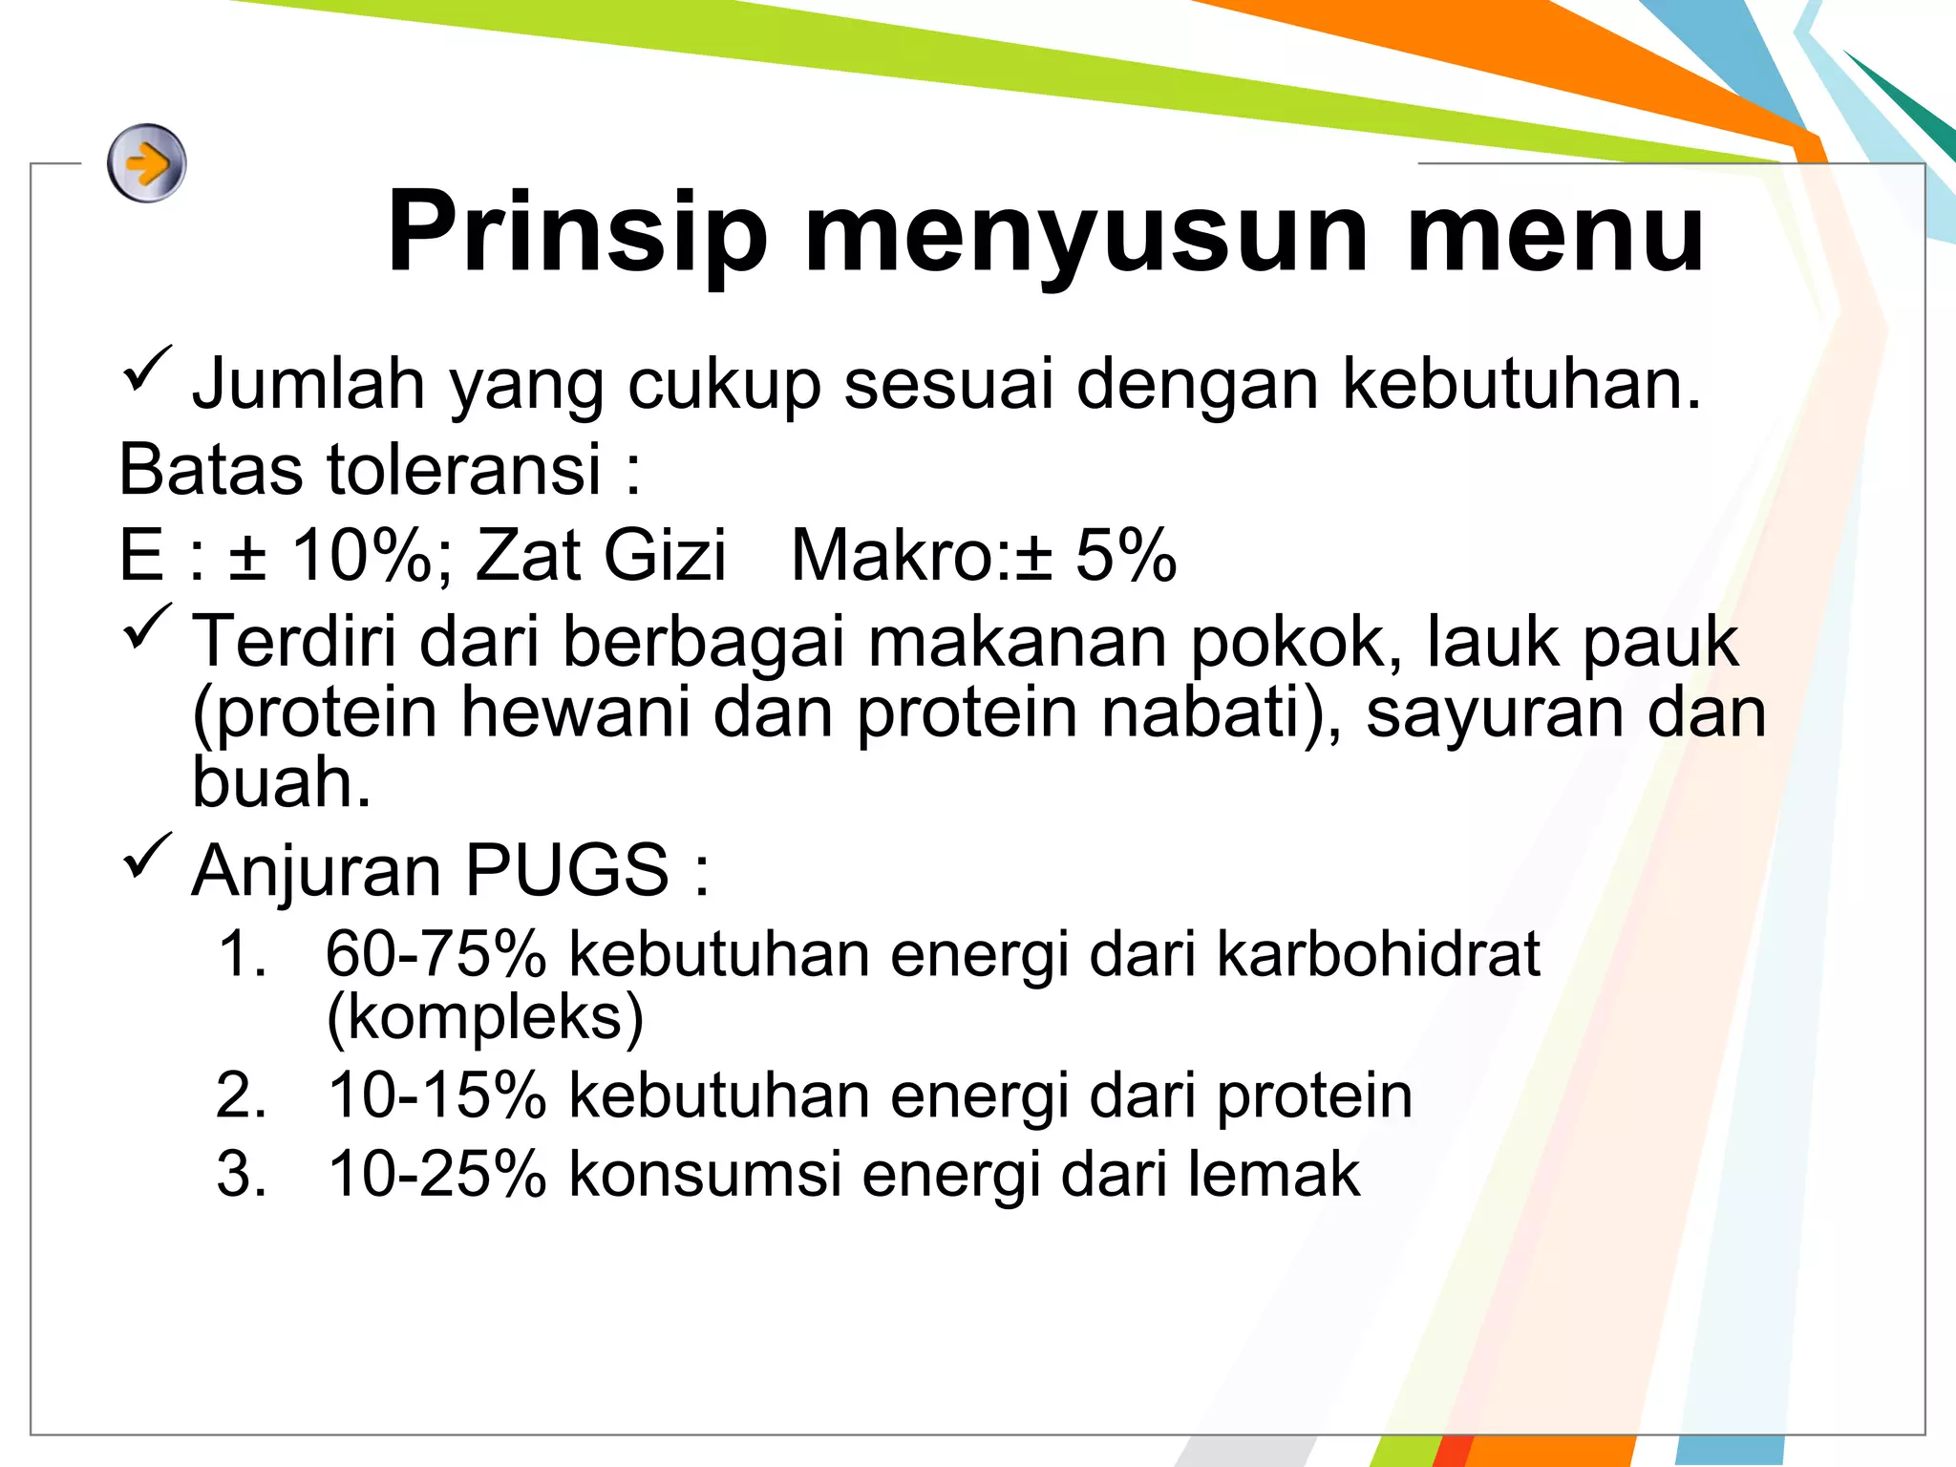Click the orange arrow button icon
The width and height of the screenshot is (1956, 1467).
[146, 163]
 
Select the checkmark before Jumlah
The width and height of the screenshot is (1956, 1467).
[147, 370]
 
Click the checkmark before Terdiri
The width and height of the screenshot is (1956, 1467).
[147, 627]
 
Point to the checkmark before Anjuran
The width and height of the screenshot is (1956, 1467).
[147, 856]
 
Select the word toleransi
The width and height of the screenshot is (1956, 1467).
[464, 470]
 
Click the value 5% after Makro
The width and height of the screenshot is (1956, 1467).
[1125, 555]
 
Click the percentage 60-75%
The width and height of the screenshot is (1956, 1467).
[436, 953]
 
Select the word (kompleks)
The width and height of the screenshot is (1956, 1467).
[485, 1018]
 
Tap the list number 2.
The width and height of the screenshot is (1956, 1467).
[241, 1095]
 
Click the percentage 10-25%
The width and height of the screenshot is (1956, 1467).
[436, 1174]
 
